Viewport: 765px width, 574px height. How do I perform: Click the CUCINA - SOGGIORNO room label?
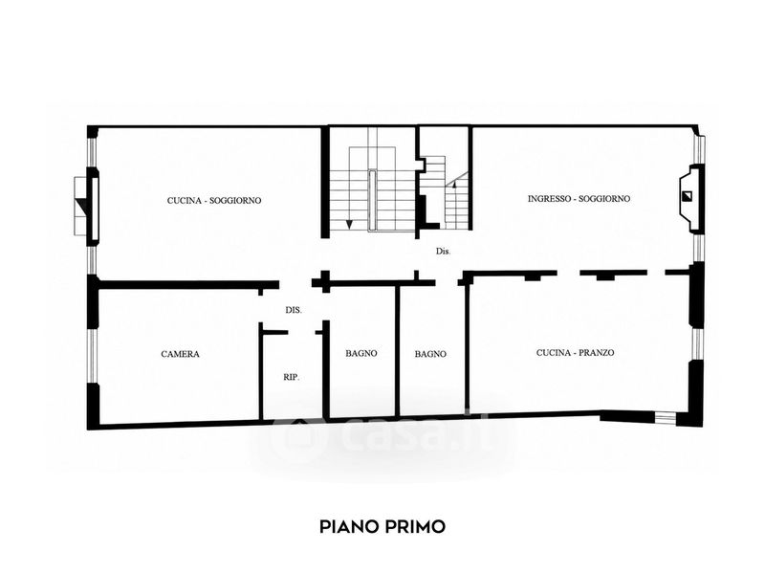(214, 201)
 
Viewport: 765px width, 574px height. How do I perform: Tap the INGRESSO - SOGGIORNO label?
(579, 199)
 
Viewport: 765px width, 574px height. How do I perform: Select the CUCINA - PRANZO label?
(576, 352)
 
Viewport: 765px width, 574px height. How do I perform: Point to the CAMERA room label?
(180, 354)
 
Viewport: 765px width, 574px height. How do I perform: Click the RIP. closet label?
(292, 377)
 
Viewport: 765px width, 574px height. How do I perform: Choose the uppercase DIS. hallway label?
(294, 310)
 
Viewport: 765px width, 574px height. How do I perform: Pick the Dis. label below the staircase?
(443, 252)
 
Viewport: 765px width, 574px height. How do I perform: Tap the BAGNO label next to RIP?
(361, 353)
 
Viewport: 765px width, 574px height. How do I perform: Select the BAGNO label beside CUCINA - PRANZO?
(430, 354)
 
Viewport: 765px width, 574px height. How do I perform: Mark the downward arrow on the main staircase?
(349, 225)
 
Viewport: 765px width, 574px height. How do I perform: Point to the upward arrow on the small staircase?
(454, 185)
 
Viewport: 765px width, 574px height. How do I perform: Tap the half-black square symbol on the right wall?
(688, 196)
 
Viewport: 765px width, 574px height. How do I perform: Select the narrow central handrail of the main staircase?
(373, 199)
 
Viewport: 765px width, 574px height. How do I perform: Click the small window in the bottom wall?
(665, 417)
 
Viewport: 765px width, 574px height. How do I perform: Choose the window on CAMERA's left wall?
(93, 355)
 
